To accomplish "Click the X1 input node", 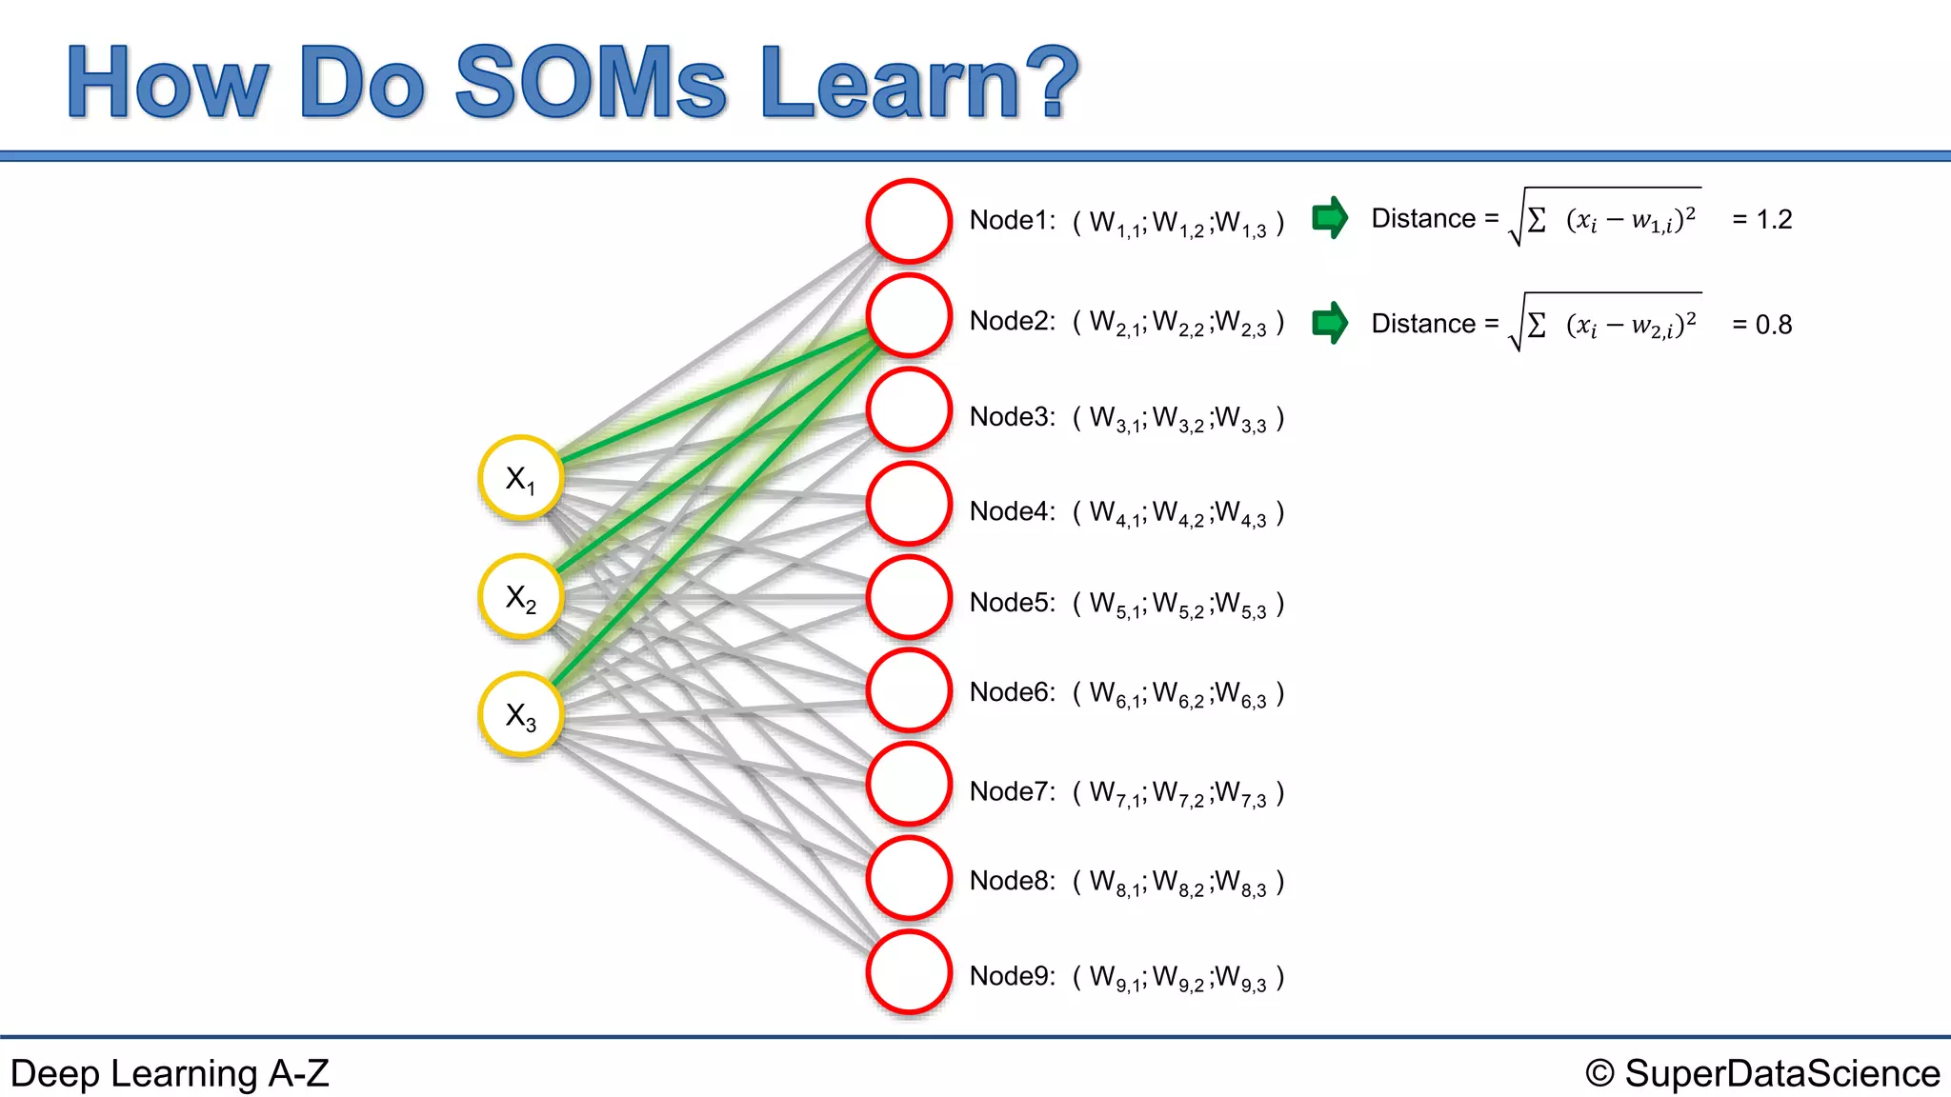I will (x=521, y=478).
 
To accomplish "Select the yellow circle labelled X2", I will (x=521, y=597).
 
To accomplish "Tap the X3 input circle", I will (x=521, y=715).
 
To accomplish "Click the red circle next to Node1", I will (x=909, y=221).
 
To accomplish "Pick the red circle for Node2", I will (x=909, y=315).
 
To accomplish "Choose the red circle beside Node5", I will (x=909, y=598).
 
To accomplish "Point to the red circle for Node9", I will (x=909, y=972).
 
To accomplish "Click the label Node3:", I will (x=1012, y=417).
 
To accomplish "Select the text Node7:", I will (x=1012, y=791).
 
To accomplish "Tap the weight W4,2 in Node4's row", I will (x=1178, y=514).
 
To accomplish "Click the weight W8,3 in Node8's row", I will (x=1241, y=883).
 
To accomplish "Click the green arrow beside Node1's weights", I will (x=1330, y=218).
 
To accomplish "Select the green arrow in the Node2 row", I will (x=1330, y=323).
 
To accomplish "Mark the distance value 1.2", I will (x=1774, y=220).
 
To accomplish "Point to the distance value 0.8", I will (x=1774, y=325).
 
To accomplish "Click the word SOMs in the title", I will (x=591, y=83).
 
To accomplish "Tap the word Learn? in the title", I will (x=919, y=83).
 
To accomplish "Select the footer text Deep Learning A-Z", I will (x=170, y=1073).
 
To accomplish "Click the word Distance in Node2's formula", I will (x=1423, y=324).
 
